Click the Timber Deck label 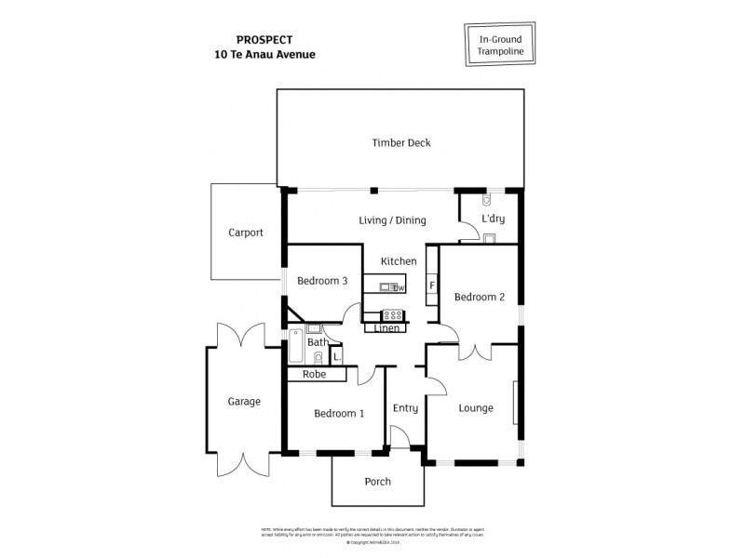tap(400, 142)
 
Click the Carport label tap(246, 233)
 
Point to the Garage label tap(244, 402)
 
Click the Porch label tap(377, 482)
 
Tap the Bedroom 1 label tap(338, 414)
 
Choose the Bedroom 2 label tap(479, 298)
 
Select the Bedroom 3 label tap(322, 281)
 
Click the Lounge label tap(475, 408)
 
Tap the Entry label tap(405, 408)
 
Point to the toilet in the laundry tap(488, 201)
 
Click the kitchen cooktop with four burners tap(392, 314)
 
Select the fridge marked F tap(432, 286)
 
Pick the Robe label tap(315, 374)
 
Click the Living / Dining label tap(392, 220)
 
